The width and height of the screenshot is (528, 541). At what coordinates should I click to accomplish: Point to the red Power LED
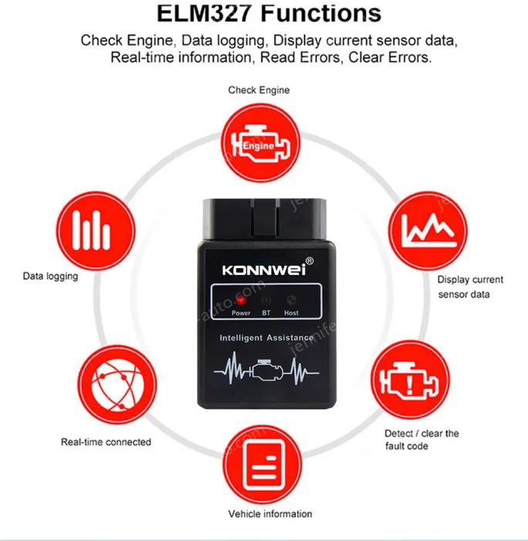point(240,301)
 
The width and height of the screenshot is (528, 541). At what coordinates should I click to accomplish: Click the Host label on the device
point(291,313)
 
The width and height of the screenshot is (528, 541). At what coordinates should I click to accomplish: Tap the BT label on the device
point(266,313)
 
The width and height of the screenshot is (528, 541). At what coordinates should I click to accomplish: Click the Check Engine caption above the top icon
point(259,90)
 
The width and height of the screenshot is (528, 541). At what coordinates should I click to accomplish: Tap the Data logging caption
point(51,276)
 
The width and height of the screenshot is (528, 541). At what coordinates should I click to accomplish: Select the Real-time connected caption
point(106,442)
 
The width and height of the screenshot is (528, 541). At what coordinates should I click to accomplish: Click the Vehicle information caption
point(270,514)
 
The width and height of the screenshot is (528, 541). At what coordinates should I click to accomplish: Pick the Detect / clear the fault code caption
point(421,440)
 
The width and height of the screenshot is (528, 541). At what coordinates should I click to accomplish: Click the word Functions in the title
point(323,14)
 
